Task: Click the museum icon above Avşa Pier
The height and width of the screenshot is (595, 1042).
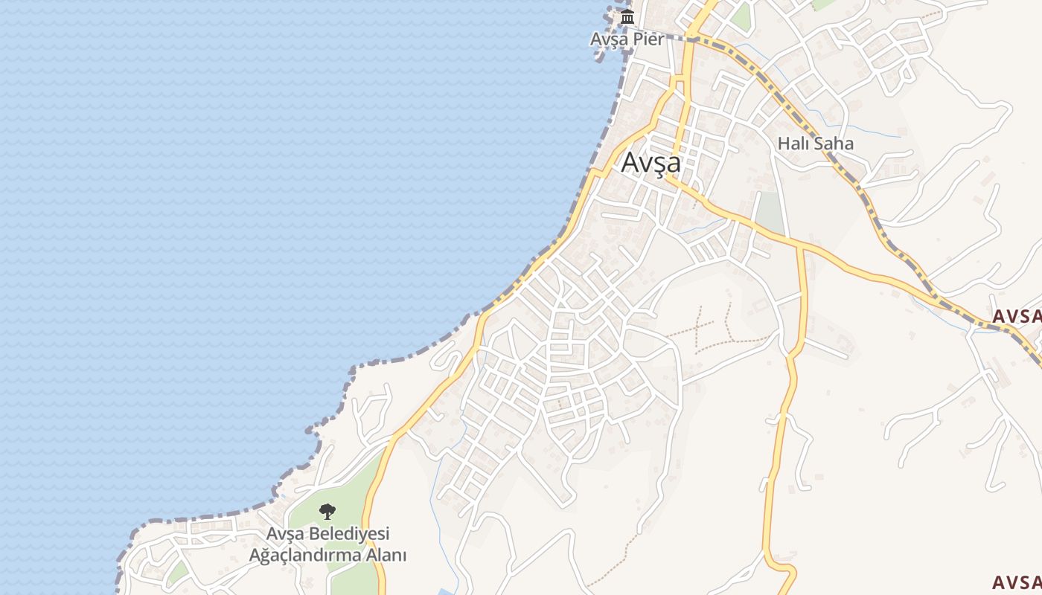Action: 627,16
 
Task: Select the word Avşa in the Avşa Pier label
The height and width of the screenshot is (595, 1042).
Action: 609,39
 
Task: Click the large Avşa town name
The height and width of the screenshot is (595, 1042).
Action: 651,162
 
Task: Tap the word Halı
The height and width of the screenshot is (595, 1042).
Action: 793,144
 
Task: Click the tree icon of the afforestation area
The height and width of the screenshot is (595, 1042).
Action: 327,512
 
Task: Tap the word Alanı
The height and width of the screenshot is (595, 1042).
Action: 385,555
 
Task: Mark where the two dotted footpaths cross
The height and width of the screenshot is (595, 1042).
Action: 700,327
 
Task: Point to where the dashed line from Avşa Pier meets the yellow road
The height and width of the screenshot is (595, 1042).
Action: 691,38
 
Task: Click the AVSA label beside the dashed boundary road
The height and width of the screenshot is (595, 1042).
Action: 1016,316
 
